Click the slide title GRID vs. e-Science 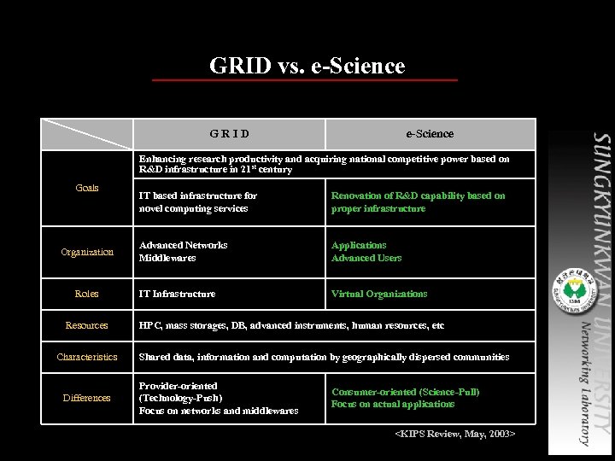pyautogui.click(x=307, y=66)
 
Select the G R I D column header pyautogui.click(x=230, y=134)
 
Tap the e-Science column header pyautogui.click(x=430, y=134)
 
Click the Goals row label pyautogui.click(x=87, y=188)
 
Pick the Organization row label pyautogui.click(x=87, y=252)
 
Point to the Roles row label pyautogui.click(x=87, y=294)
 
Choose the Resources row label pyautogui.click(x=87, y=325)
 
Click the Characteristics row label pyautogui.click(x=87, y=357)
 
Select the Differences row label pyautogui.click(x=87, y=398)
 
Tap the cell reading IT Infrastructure pyautogui.click(x=178, y=294)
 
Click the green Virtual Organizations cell pyautogui.click(x=379, y=294)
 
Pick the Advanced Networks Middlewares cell pyautogui.click(x=184, y=252)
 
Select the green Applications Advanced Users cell pyautogui.click(x=366, y=252)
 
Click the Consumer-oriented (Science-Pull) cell pyautogui.click(x=406, y=398)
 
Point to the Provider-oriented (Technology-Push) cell pyautogui.click(x=219, y=398)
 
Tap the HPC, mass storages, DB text pyautogui.click(x=291, y=325)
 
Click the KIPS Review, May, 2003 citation pyautogui.click(x=454, y=435)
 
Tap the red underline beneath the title pyautogui.click(x=304, y=80)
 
